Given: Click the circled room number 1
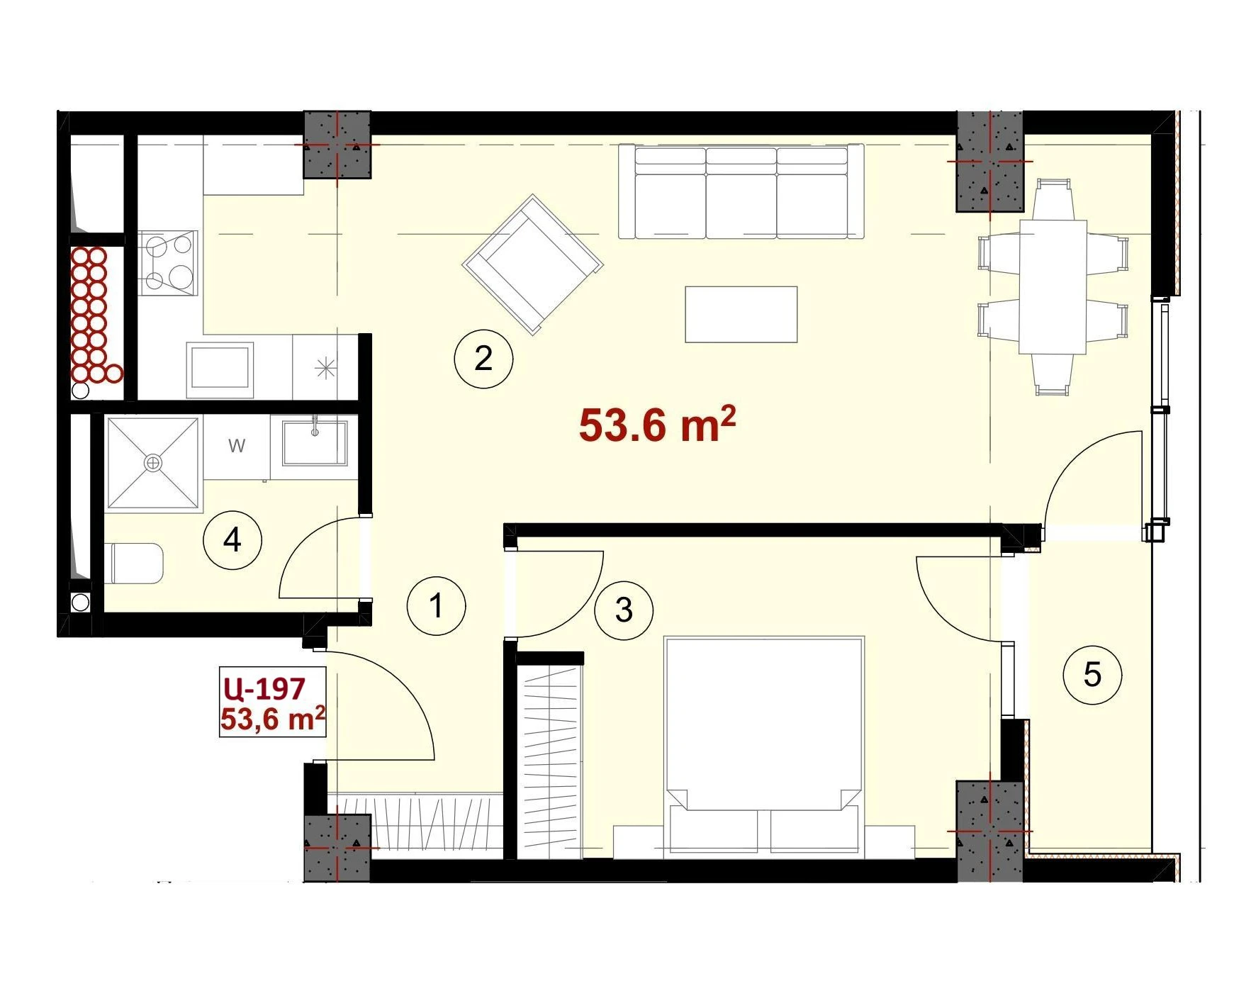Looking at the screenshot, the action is point(437,606).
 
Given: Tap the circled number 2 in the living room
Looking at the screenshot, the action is point(483,358).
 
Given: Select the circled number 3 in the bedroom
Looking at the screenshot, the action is point(624,610).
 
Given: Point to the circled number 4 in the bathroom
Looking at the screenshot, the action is point(232,541).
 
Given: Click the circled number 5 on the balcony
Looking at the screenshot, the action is point(1092,674).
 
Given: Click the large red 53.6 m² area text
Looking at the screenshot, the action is point(657,424).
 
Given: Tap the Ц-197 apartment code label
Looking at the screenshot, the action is point(263,688).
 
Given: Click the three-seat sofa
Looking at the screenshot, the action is point(741,191).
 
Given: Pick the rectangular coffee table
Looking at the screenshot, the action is point(741,314).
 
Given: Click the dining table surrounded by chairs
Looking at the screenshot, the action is point(1053,286).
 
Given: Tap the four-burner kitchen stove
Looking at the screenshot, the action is point(169,262).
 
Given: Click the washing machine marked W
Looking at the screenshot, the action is point(237,447).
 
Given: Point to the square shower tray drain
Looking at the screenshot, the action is point(152,463).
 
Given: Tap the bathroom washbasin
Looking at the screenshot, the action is point(315,444).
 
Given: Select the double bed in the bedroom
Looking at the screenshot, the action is point(763,744).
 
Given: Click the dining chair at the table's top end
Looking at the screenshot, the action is point(1053,199).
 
